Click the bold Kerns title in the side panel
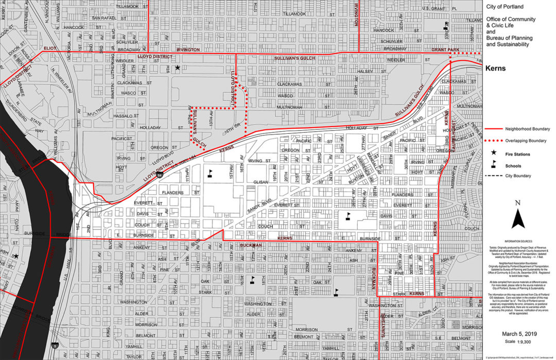[495, 68]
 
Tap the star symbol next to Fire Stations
[494, 153]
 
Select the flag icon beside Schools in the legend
[494, 165]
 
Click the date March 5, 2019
[519, 334]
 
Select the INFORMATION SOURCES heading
[519, 241]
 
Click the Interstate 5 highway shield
[55, 346]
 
